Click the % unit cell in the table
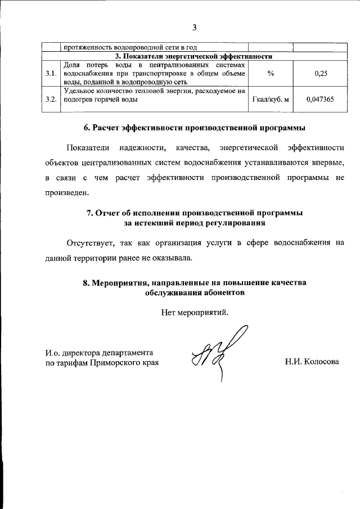click(271, 73)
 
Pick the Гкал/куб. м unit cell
click(271, 100)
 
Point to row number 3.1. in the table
click(51, 73)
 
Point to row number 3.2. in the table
click(51, 100)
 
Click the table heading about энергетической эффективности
click(194, 56)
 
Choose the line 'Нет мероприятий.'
click(194, 312)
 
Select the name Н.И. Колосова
click(312, 362)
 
